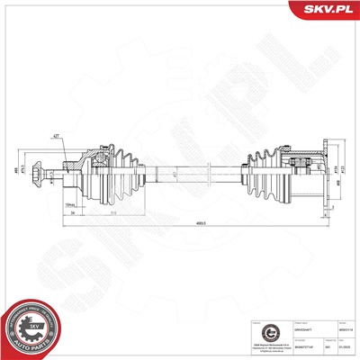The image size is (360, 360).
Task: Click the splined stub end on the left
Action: pyautogui.click(x=37, y=171)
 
